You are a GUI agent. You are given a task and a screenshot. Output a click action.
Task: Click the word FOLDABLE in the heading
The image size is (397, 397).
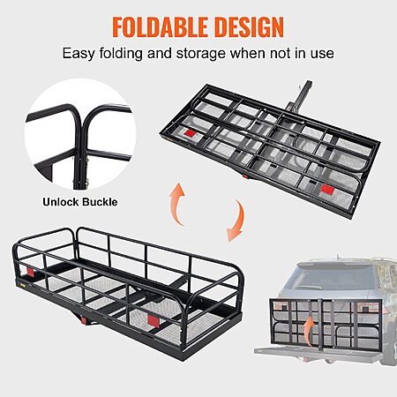pyautogui.click(x=161, y=27)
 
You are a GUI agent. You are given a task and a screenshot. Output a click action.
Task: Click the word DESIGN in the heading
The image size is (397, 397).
pyautogui.click(x=249, y=27)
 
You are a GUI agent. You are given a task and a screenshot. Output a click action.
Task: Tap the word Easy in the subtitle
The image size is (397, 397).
pyautogui.click(x=79, y=54)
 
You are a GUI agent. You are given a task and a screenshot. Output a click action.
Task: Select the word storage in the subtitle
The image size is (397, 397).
pyautogui.click(x=201, y=55)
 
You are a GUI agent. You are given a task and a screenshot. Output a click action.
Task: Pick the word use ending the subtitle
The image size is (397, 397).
pyautogui.click(x=322, y=55)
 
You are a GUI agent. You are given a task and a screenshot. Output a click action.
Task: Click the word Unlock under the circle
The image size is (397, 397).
pyautogui.click(x=61, y=202)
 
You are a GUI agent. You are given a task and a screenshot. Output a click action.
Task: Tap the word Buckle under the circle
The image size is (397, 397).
pyautogui.click(x=100, y=202)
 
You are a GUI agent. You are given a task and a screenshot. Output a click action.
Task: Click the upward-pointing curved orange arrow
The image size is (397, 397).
pyautogui.click(x=177, y=203)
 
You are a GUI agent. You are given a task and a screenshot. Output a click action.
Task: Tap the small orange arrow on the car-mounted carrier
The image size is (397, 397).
pyautogui.click(x=309, y=332)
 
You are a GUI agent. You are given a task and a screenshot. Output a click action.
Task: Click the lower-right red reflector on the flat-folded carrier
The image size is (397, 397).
pyautogui.click(x=327, y=189)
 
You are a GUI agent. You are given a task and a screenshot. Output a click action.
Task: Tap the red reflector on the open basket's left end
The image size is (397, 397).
pyautogui.click(x=30, y=272)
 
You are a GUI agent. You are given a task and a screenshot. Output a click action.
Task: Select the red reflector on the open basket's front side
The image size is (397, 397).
pyautogui.click(x=153, y=320)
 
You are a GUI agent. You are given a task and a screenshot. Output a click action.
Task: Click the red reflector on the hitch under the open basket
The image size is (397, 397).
pyautogui.click(x=84, y=320)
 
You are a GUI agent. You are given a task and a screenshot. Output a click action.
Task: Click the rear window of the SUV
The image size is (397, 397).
pyautogui.click(x=334, y=277)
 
